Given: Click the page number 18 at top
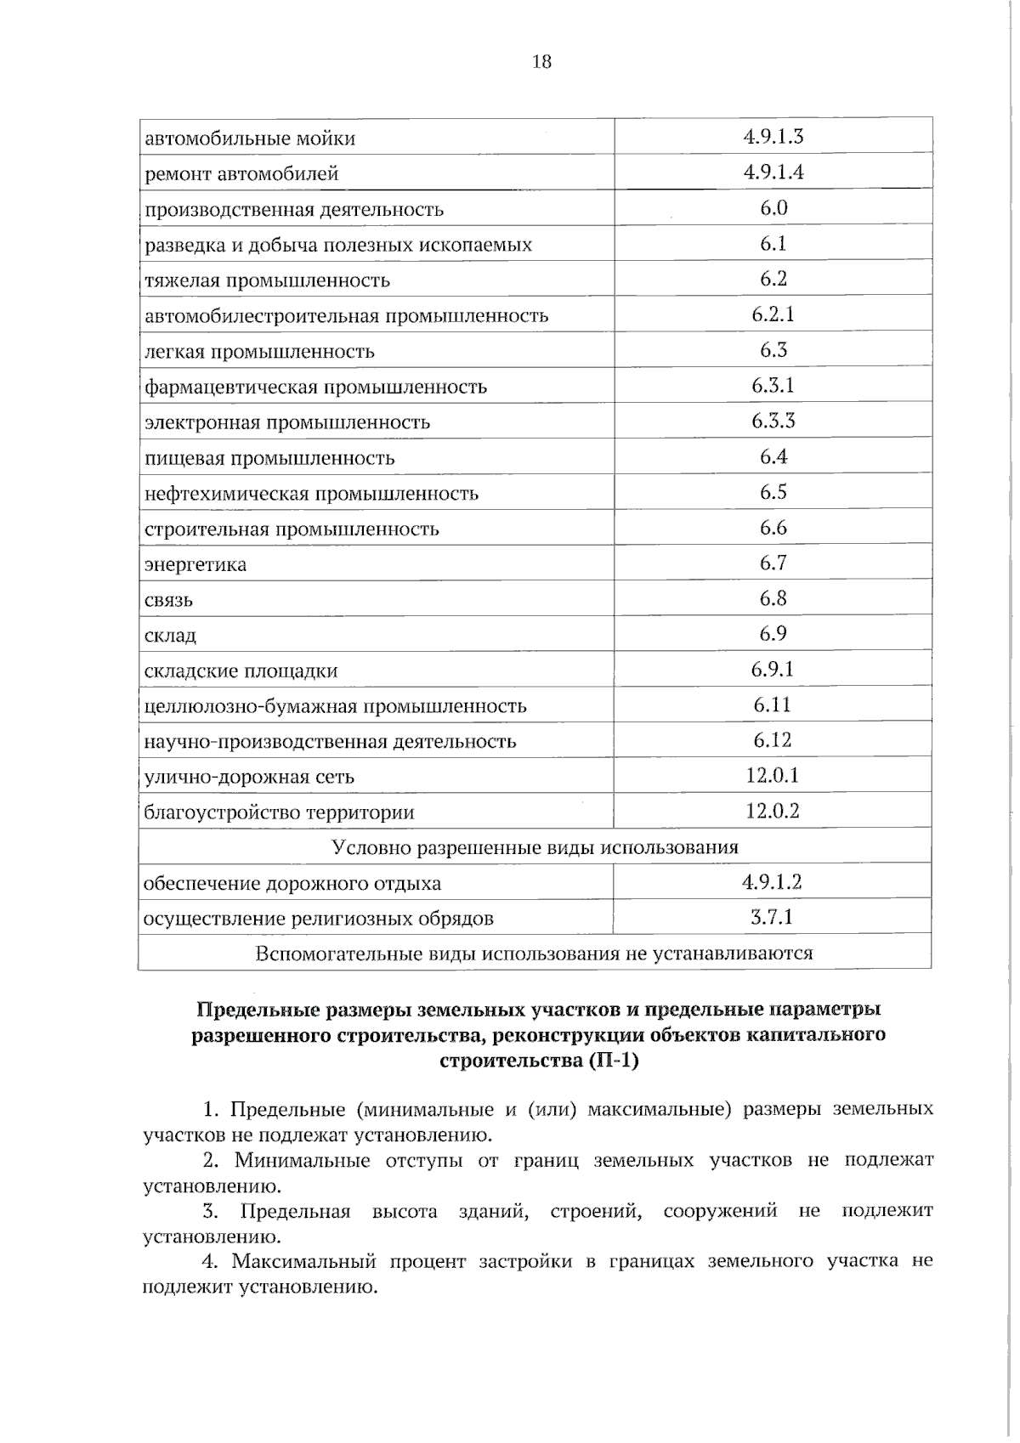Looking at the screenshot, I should (x=541, y=62).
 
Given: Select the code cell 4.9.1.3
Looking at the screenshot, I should (x=773, y=137).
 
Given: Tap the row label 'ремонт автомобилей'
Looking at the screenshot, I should (x=241, y=174).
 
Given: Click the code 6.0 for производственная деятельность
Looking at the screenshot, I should (x=773, y=208).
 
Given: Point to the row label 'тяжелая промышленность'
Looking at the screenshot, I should (x=267, y=280).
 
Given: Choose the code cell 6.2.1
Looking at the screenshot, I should (x=773, y=314).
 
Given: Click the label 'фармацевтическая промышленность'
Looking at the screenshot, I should (x=315, y=388).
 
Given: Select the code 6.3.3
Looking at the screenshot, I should (x=773, y=422).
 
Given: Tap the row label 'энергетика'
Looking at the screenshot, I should (x=195, y=565).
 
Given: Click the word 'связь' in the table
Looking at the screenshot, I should (x=168, y=601).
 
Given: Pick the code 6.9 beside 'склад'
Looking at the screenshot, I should (x=773, y=634).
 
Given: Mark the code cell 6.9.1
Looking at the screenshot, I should (x=773, y=670).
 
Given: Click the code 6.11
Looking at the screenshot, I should (x=773, y=705).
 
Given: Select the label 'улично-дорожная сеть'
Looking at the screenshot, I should (x=249, y=777).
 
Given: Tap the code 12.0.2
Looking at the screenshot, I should (x=773, y=811).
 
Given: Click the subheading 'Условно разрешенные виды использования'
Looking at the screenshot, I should (x=535, y=847).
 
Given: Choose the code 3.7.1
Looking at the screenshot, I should (x=772, y=918).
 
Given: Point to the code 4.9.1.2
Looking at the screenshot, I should (x=772, y=882).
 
